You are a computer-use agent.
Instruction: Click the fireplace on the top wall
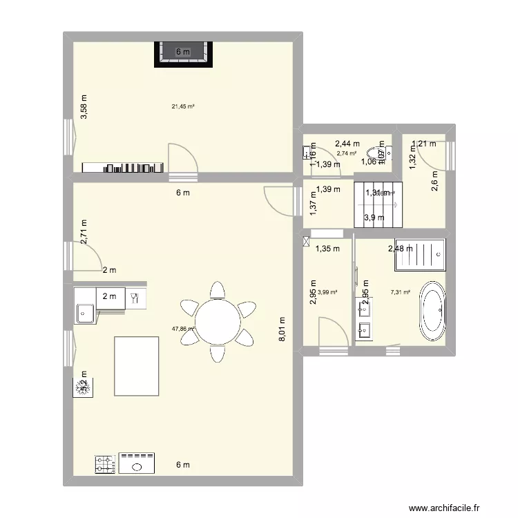(x=182, y=54)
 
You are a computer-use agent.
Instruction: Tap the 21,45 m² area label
(x=182, y=106)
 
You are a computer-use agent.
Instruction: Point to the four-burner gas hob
(x=104, y=464)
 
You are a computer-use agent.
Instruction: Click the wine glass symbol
(x=135, y=298)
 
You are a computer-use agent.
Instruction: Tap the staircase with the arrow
(x=377, y=205)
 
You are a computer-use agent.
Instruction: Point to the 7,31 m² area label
(x=401, y=292)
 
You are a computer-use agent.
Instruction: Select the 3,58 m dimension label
(x=84, y=107)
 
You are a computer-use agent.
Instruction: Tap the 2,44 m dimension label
(x=347, y=144)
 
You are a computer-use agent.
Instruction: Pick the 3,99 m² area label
(x=327, y=292)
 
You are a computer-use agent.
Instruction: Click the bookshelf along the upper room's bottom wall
(x=123, y=167)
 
